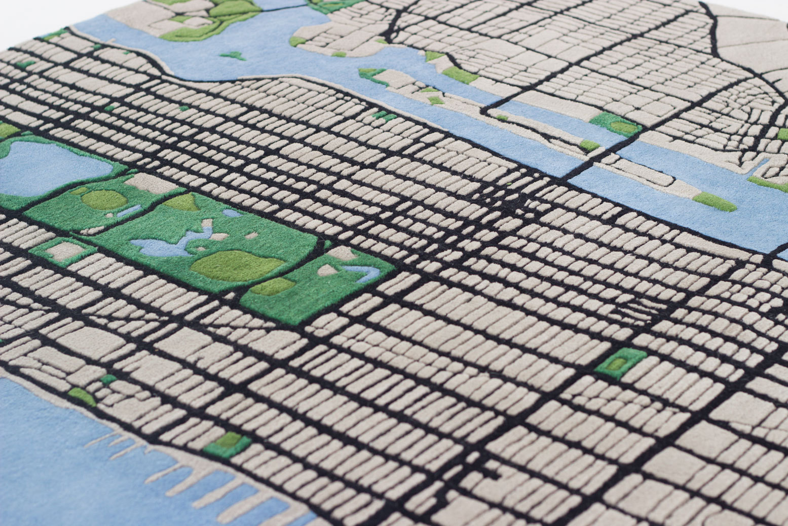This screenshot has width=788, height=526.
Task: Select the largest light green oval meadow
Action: tap(236, 265)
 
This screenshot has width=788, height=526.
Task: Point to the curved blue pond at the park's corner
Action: tap(365, 273)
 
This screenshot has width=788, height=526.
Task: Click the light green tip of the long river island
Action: tap(715, 201)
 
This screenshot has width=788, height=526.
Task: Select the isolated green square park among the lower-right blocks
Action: tap(620, 362)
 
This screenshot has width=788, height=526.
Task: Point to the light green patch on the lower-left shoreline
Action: tap(81, 396)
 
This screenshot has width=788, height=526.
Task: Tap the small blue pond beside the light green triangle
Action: tap(232, 213)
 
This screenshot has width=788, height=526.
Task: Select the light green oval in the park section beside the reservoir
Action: tap(104, 199)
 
